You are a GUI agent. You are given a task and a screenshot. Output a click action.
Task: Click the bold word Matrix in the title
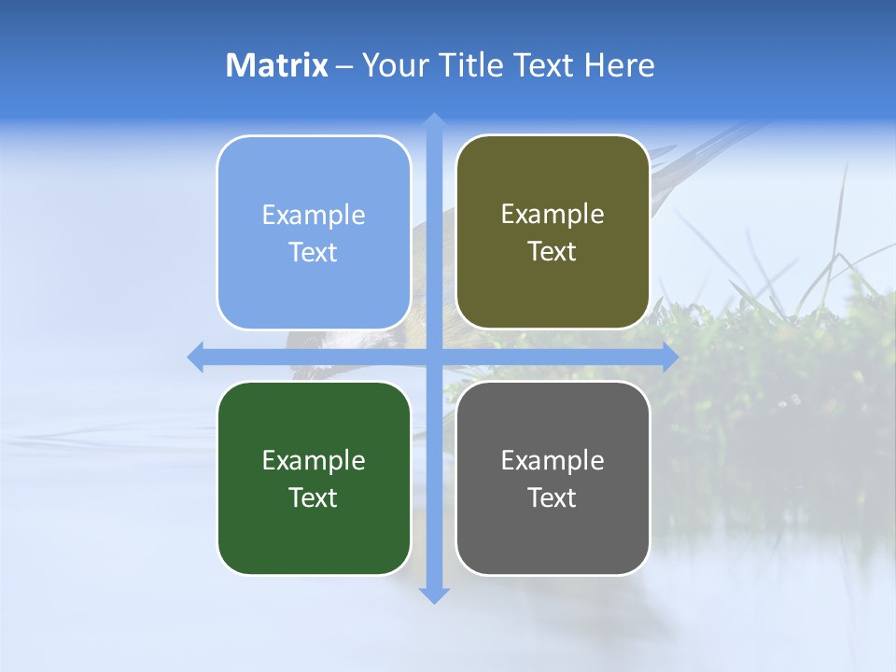coord(277,65)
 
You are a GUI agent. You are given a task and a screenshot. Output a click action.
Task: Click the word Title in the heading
coord(472,65)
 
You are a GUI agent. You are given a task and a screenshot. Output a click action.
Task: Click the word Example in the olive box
coord(553,215)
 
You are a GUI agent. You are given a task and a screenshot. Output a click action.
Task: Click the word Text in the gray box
coord(553,497)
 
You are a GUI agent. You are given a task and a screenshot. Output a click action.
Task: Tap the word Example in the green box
coord(314,460)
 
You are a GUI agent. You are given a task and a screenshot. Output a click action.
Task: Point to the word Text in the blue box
coord(314,252)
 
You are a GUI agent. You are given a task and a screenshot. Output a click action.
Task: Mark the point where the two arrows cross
coord(434,357)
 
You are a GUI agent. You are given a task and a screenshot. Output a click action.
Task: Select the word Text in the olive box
coord(553,252)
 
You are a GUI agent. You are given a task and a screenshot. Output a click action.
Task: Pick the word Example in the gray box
coord(553,460)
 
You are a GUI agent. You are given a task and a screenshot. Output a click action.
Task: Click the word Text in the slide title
coord(543,65)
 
